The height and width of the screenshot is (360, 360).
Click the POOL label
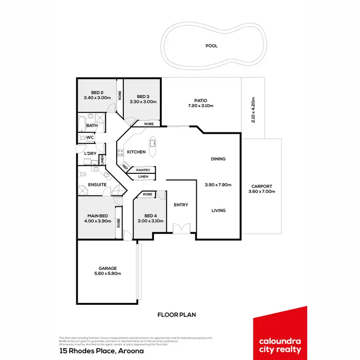click(x=211, y=46)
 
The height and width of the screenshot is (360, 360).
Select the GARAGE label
click(x=108, y=268)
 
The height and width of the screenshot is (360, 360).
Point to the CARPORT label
click(x=262, y=186)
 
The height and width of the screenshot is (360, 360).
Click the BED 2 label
click(x=97, y=93)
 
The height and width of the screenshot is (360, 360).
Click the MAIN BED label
click(x=99, y=216)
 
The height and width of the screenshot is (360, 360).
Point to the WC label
click(x=90, y=138)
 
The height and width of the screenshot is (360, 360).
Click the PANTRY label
click(x=143, y=170)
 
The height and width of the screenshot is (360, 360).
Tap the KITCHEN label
click(x=136, y=152)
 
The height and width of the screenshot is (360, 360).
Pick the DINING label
click(x=218, y=159)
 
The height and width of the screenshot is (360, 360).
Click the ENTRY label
click(x=181, y=205)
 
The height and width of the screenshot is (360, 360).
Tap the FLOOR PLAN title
click(x=177, y=315)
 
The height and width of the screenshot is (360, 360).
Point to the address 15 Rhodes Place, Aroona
click(x=101, y=351)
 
